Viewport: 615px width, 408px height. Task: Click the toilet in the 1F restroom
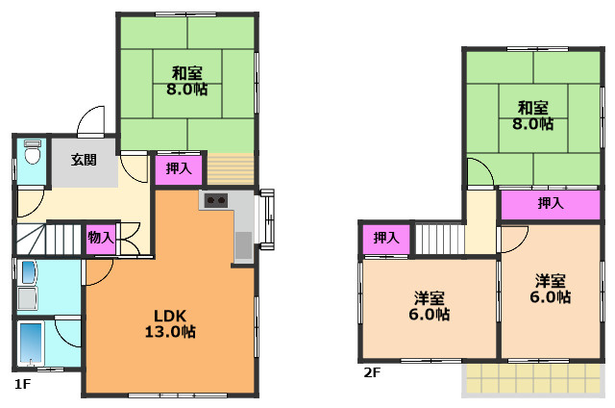click(x=33, y=152)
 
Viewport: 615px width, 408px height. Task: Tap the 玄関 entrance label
click(x=84, y=160)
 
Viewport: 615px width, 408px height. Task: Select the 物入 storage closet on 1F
click(x=101, y=239)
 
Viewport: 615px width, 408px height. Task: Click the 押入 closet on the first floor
click(x=179, y=169)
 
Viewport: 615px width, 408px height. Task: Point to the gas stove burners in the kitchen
click(x=215, y=200)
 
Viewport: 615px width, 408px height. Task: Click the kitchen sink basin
click(x=243, y=245)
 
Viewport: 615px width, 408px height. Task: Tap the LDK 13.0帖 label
click(x=170, y=323)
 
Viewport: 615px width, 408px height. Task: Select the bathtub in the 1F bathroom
click(x=31, y=343)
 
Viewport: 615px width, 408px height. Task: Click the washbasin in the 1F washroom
click(x=29, y=271)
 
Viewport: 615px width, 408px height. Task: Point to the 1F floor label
click(x=22, y=384)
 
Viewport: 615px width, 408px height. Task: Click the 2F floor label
click(x=372, y=371)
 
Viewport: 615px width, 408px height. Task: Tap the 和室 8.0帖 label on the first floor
click(x=187, y=81)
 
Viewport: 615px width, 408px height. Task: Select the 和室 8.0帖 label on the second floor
click(x=532, y=115)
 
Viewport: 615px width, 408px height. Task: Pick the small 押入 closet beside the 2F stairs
click(x=386, y=240)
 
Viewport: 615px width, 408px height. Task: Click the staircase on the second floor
click(x=440, y=240)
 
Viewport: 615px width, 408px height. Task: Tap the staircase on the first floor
click(x=49, y=240)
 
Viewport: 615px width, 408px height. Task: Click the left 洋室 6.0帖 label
click(x=430, y=307)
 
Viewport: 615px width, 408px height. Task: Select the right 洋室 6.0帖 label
click(x=550, y=289)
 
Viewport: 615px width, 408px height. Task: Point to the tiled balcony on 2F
click(x=531, y=378)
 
